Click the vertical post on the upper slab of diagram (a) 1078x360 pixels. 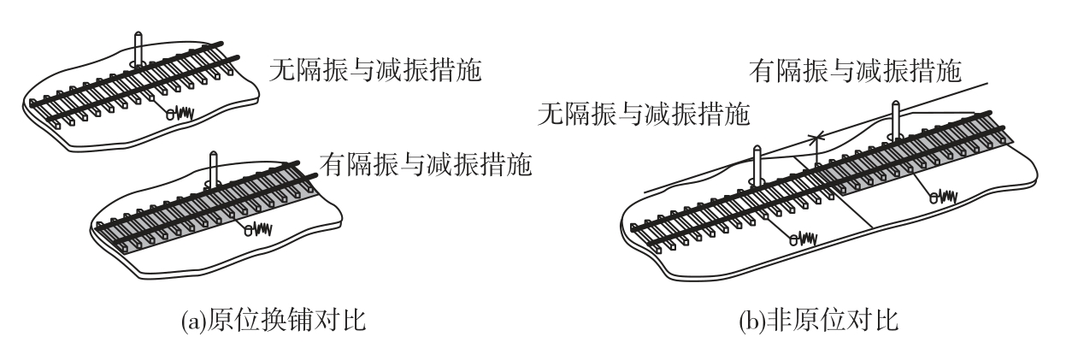138,49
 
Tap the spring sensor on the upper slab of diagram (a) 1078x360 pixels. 180,114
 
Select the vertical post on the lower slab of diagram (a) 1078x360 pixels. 214,168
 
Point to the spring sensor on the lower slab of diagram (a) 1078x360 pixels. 258,229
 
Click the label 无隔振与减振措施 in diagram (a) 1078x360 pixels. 375,70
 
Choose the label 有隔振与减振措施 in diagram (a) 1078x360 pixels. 426,164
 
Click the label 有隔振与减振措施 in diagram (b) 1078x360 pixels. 855,71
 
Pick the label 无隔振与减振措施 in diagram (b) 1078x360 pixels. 644,114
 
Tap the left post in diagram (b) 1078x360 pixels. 757,164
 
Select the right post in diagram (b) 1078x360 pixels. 895,120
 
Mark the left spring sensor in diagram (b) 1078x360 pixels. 804,239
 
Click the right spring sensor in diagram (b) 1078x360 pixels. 943,197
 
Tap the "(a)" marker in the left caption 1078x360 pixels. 193,321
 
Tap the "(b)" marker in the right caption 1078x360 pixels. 752,321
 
